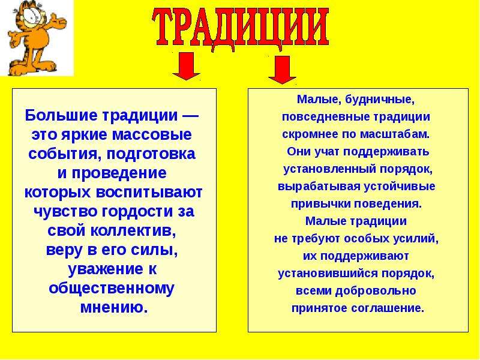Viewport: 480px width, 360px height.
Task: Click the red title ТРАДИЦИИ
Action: [x=241, y=29]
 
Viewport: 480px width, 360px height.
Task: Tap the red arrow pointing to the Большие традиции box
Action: [x=186, y=66]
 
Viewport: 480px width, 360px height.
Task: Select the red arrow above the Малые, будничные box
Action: [x=282, y=70]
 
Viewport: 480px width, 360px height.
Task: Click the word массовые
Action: [x=152, y=135]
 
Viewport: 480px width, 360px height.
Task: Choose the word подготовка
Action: [x=151, y=154]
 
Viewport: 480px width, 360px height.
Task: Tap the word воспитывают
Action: [x=149, y=193]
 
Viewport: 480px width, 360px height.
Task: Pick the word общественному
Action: [x=112, y=289]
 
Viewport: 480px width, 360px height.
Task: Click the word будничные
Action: [x=380, y=100]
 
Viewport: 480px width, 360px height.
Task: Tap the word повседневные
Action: [x=320, y=117]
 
